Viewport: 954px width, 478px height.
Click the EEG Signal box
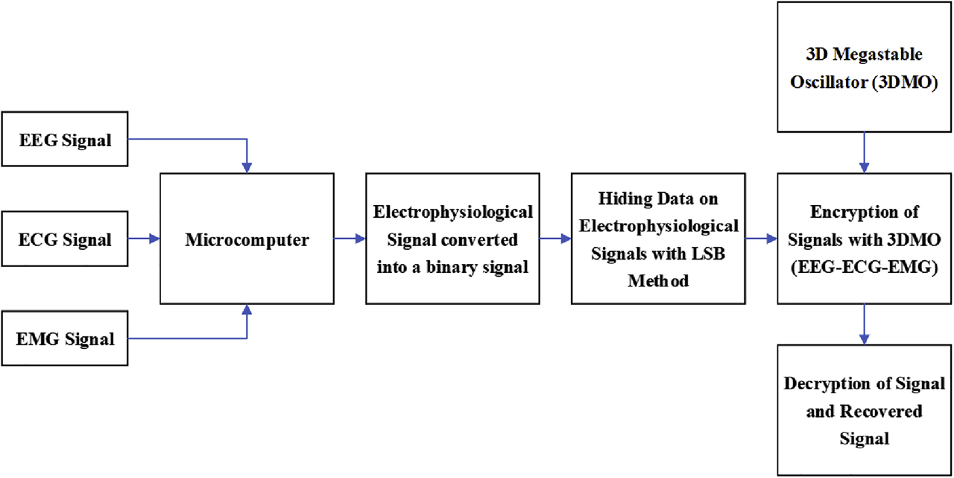click(65, 139)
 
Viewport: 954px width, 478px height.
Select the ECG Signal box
click(65, 239)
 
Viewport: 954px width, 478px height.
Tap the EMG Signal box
click(65, 340)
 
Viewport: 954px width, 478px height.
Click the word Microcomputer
click(247, 239)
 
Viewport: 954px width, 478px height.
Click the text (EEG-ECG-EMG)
click(864, 266)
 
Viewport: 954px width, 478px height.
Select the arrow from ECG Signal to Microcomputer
click(145, 239)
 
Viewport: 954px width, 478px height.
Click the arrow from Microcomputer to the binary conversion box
click(350, 239)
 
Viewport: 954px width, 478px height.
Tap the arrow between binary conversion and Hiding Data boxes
click(555, 239)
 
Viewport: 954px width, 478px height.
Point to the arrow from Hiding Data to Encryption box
click(761, 239)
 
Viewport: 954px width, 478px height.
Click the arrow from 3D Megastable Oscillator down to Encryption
click(864, 152)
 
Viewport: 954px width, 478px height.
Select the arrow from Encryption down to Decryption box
click(864, 324)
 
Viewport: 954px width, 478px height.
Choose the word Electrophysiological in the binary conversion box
click(452, 213)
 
